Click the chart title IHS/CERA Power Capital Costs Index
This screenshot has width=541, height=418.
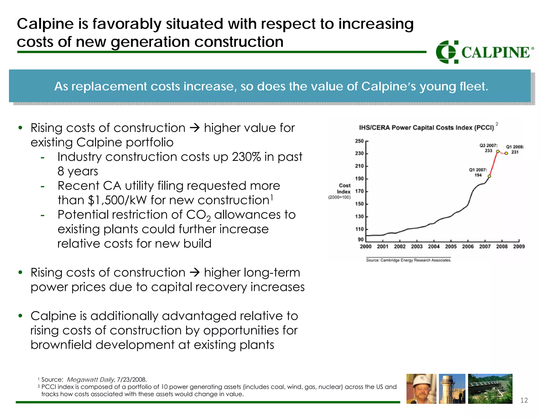[x=426, y=128]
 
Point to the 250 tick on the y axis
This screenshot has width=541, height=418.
[x=359, y=141]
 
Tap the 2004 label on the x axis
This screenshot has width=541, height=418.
[x=433, y=247]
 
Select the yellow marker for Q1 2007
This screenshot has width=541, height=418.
[x=489, y=176]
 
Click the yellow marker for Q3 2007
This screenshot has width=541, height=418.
[x=498, y=151]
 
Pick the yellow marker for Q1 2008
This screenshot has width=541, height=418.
[x=506, y=153]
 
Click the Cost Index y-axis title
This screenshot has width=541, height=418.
[x=344, y=189]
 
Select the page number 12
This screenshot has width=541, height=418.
[x=524, y=400]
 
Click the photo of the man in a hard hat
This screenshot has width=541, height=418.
[x=421, y=389]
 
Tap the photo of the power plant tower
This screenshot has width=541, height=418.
[x=452, y=389]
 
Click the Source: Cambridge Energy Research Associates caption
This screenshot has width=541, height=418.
[x=409, y=260]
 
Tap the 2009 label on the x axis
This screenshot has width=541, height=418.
[x=519, y=247]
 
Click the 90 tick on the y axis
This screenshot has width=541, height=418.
[x=361, y=239]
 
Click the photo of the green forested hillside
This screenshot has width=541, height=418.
[x=490, y=389]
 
